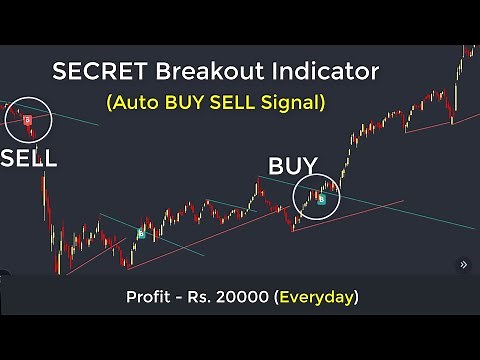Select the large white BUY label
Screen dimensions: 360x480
pos(292,166)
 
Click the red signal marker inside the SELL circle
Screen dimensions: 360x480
pos(27,120)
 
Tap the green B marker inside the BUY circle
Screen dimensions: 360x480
pos(321,199)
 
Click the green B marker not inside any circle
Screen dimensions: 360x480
pos(141,234)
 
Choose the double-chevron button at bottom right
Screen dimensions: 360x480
pos(462,265)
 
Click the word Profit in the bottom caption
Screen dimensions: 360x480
pos(149,297)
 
